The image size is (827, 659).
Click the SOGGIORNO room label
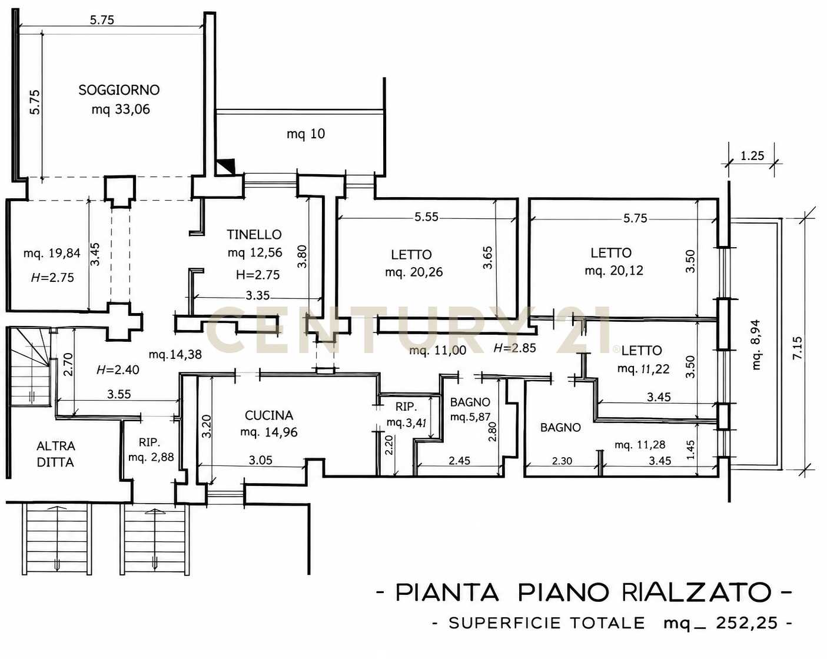(119, 90)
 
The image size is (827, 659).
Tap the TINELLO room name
(254, 234)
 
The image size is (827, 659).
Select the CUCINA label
(269, 415)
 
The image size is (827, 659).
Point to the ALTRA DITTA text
(56, 454)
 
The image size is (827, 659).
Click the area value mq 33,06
(121, 109)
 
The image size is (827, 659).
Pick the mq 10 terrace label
(306, 134)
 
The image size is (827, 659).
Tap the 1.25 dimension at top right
(752, 155)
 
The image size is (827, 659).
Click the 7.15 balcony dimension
(798, 348)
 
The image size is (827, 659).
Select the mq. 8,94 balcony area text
(756, 345)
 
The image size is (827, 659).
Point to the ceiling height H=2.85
(514, 348)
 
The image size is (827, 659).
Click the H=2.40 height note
(118, 370)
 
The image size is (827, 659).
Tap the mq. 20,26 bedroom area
(414, 272)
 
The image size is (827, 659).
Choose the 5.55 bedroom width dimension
(426, 217)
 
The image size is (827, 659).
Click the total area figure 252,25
(747, 623)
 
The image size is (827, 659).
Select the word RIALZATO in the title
(697, 592)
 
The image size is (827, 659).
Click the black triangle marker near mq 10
(227, 167)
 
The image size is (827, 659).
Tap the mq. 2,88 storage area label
(151, 457)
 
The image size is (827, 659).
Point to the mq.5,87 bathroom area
(470, 417)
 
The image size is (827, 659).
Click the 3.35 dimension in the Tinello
(257, 295)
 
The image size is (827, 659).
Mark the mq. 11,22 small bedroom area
(643, 369)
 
